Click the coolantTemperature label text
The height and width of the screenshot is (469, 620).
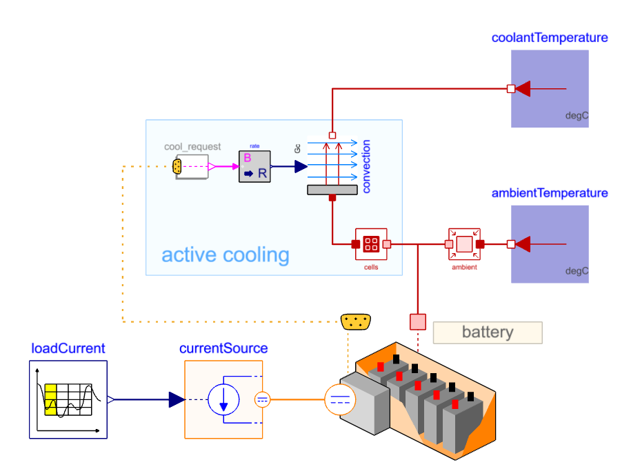pyautogui.click(x=550, y=37)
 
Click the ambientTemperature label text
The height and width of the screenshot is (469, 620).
pyautogui.click(x=550, y=192)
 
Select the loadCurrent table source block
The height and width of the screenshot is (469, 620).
pyautogui.click(x=68, y=399)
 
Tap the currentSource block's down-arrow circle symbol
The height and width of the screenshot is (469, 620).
pyautogui.click(x=224, y=399)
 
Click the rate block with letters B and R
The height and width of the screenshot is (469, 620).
pyautogui.click(x=254, y=166)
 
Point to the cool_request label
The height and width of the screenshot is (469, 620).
pyautogui.click(x=192, y=147)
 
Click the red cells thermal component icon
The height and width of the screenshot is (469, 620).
pyautogui.click(x=371, y=243)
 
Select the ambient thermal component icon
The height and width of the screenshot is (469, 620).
pyautogui.click(x=464, y=243)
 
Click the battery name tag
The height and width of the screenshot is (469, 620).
pyautogui.click(x=488, y=332)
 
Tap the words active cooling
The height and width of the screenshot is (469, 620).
pyautogui.click(x=226, y=255)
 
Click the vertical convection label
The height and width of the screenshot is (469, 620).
pyautogui.click(x=366, y=166)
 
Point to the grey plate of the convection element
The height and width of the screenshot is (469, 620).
pyautogui.click(x=332, y=190)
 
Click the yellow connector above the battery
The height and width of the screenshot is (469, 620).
pyautogui.click(x=356, y=321)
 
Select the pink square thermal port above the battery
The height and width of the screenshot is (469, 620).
pyautogui.click(x=418, y=321)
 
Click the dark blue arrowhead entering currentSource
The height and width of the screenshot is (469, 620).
pyautogui.click(x=177, y=399)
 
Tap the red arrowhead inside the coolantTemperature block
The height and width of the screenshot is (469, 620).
pyautogui.click(x=523, y=88)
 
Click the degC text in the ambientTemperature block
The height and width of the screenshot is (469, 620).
pyautogui.click(x=577, y=271)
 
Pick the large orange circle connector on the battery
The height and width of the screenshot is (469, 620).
pyautogui.click(x=339, y=399)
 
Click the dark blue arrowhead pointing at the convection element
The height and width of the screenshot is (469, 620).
pyautogui.click(x=301, y=166)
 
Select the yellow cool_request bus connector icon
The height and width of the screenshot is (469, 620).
pyautogui.click(x=177, y=166)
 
